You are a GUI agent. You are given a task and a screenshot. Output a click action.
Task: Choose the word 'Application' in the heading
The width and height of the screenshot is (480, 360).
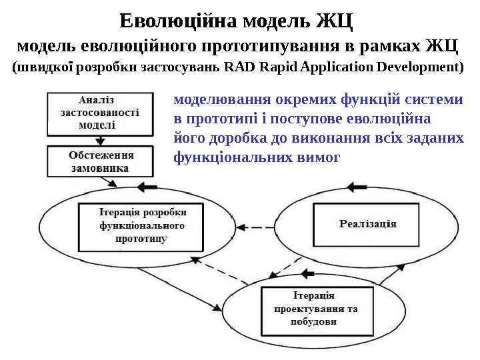pyautogui.click(x=337, y=67)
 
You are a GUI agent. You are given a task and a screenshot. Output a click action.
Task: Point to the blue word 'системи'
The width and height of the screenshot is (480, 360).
pyautogui.click(x=433, y=101)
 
